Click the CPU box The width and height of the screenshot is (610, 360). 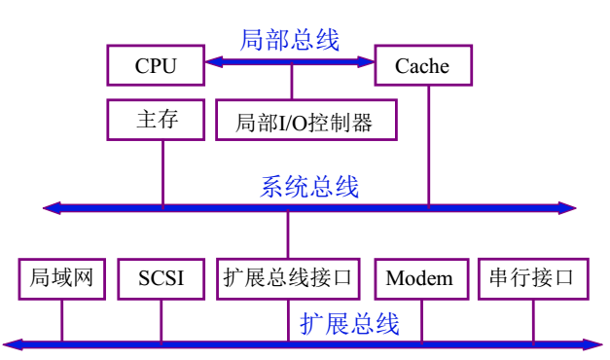point(155,65)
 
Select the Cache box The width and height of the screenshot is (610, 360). point(422,65)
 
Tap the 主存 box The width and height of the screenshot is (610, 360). point(155,121)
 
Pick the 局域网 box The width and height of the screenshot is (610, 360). point(61,278)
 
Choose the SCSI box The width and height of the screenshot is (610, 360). point(161,278)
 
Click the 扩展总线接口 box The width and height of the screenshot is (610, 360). point(288,278)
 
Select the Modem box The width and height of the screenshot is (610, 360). point(419,278)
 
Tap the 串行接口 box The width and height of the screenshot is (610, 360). point(532,278)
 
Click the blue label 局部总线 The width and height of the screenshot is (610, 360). point(290,40)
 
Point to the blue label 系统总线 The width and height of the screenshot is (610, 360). point(309,186)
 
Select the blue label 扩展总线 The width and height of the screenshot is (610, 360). point(349,323)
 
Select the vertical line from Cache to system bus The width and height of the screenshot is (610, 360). point(428,146)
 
